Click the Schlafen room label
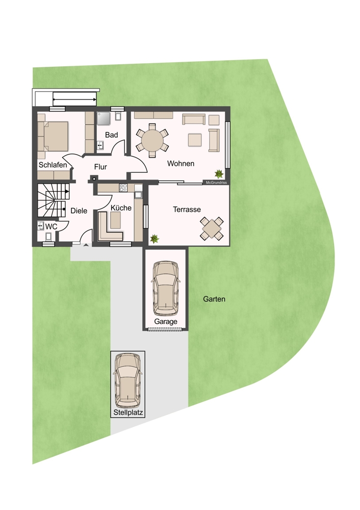(x=53, y=165)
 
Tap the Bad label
(x=111, y=135)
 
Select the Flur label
(x=100, y=167)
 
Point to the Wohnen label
(x=181, y=164)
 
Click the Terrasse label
(x=187, y=210)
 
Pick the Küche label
(x=121, y=208)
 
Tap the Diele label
(x=79, y=211)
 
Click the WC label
(x=51, y=226)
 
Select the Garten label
(x=214, y=299)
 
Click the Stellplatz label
(x=128, y=413)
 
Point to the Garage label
(x=166, y=322)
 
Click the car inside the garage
(x=166, y=288)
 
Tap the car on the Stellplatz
(x=128, y=380)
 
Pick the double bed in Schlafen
(x=53, y=136)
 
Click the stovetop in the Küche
(x=123, y=187)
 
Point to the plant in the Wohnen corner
(x=219, y=173)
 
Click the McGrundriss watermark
(x=216, y=183)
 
